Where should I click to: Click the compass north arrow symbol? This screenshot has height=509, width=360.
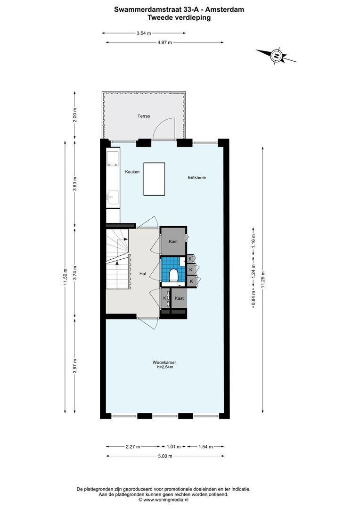coord(277,56)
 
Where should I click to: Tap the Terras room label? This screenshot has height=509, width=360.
coord(144,116)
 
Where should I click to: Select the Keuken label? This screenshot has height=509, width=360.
coord(132,172)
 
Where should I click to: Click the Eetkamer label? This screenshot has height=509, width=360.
coord(197,178)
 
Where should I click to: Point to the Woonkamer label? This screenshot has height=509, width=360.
coord(164,362)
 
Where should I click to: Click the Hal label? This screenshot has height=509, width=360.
coord(142,273)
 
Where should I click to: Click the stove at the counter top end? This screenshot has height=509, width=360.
coord(113,159)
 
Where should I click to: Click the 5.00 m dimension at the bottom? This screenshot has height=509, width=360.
coord(164,456)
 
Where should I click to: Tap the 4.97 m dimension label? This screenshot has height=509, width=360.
coord(164,42)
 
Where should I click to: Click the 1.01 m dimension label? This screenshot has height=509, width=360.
coord(171,447)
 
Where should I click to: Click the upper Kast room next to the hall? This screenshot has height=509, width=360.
coord(173,241)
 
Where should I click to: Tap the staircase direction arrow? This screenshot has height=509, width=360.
coord(125,239)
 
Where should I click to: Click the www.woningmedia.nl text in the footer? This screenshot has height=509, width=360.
coord(166,500)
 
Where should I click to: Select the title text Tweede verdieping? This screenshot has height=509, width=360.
coord(179,17)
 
